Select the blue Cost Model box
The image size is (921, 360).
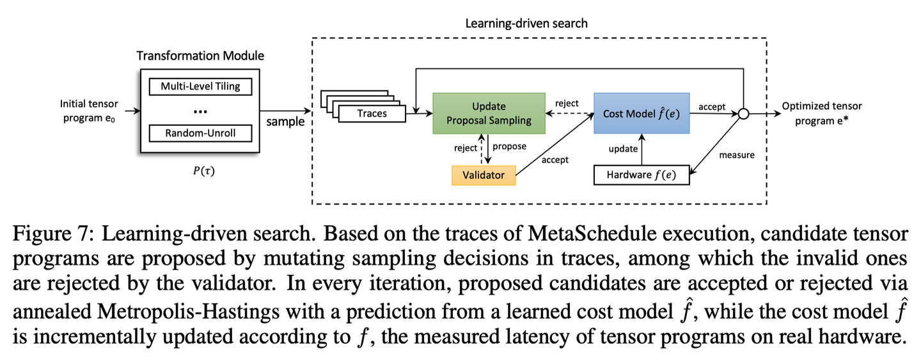[x=641, y=114]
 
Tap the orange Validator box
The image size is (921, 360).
[x=484, y=175]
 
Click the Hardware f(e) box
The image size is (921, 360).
[x=641, y=175]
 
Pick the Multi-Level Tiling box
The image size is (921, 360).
[x=200, y=86]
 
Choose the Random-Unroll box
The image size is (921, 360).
[x=200, y=133]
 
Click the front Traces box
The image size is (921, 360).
[x=372, y=114]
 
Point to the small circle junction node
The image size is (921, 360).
[x=743, y=114]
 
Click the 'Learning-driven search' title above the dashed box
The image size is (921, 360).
[x=526, y=23]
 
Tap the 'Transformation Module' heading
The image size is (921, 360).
[x=200, y=56]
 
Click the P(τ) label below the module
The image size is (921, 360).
[x=201, y=171]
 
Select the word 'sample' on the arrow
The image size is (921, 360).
[x=285, y=121]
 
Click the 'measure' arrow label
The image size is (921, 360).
[x=736, y=155]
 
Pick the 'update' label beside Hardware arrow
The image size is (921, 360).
[x=622, y=149]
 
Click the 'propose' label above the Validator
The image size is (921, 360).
[x=509, y=146]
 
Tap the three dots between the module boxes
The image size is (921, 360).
[x=200, y=111]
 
